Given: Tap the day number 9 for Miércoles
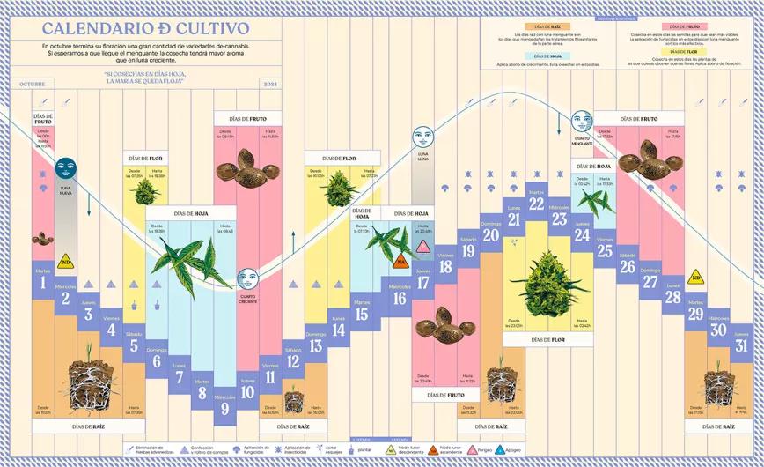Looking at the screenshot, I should [224, 408].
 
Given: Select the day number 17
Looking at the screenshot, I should [423, 284].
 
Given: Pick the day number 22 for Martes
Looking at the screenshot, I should [536, 204].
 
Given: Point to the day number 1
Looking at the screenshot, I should [42, 284].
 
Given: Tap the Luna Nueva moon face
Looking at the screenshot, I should [65, 168].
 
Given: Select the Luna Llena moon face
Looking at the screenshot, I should [423, 137].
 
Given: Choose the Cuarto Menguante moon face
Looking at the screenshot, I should [582, 121].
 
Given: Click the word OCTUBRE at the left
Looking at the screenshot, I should [32, 84].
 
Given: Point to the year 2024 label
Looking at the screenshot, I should [270, 84].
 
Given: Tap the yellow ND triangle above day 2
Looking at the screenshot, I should [65, 262].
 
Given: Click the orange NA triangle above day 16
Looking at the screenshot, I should [401, 261].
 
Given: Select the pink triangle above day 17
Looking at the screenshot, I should [423, 246].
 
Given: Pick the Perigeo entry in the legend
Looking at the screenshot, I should [484, 449].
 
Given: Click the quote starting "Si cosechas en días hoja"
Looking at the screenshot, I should [143, 78].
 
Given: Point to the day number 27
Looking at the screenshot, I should [650, 282].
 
